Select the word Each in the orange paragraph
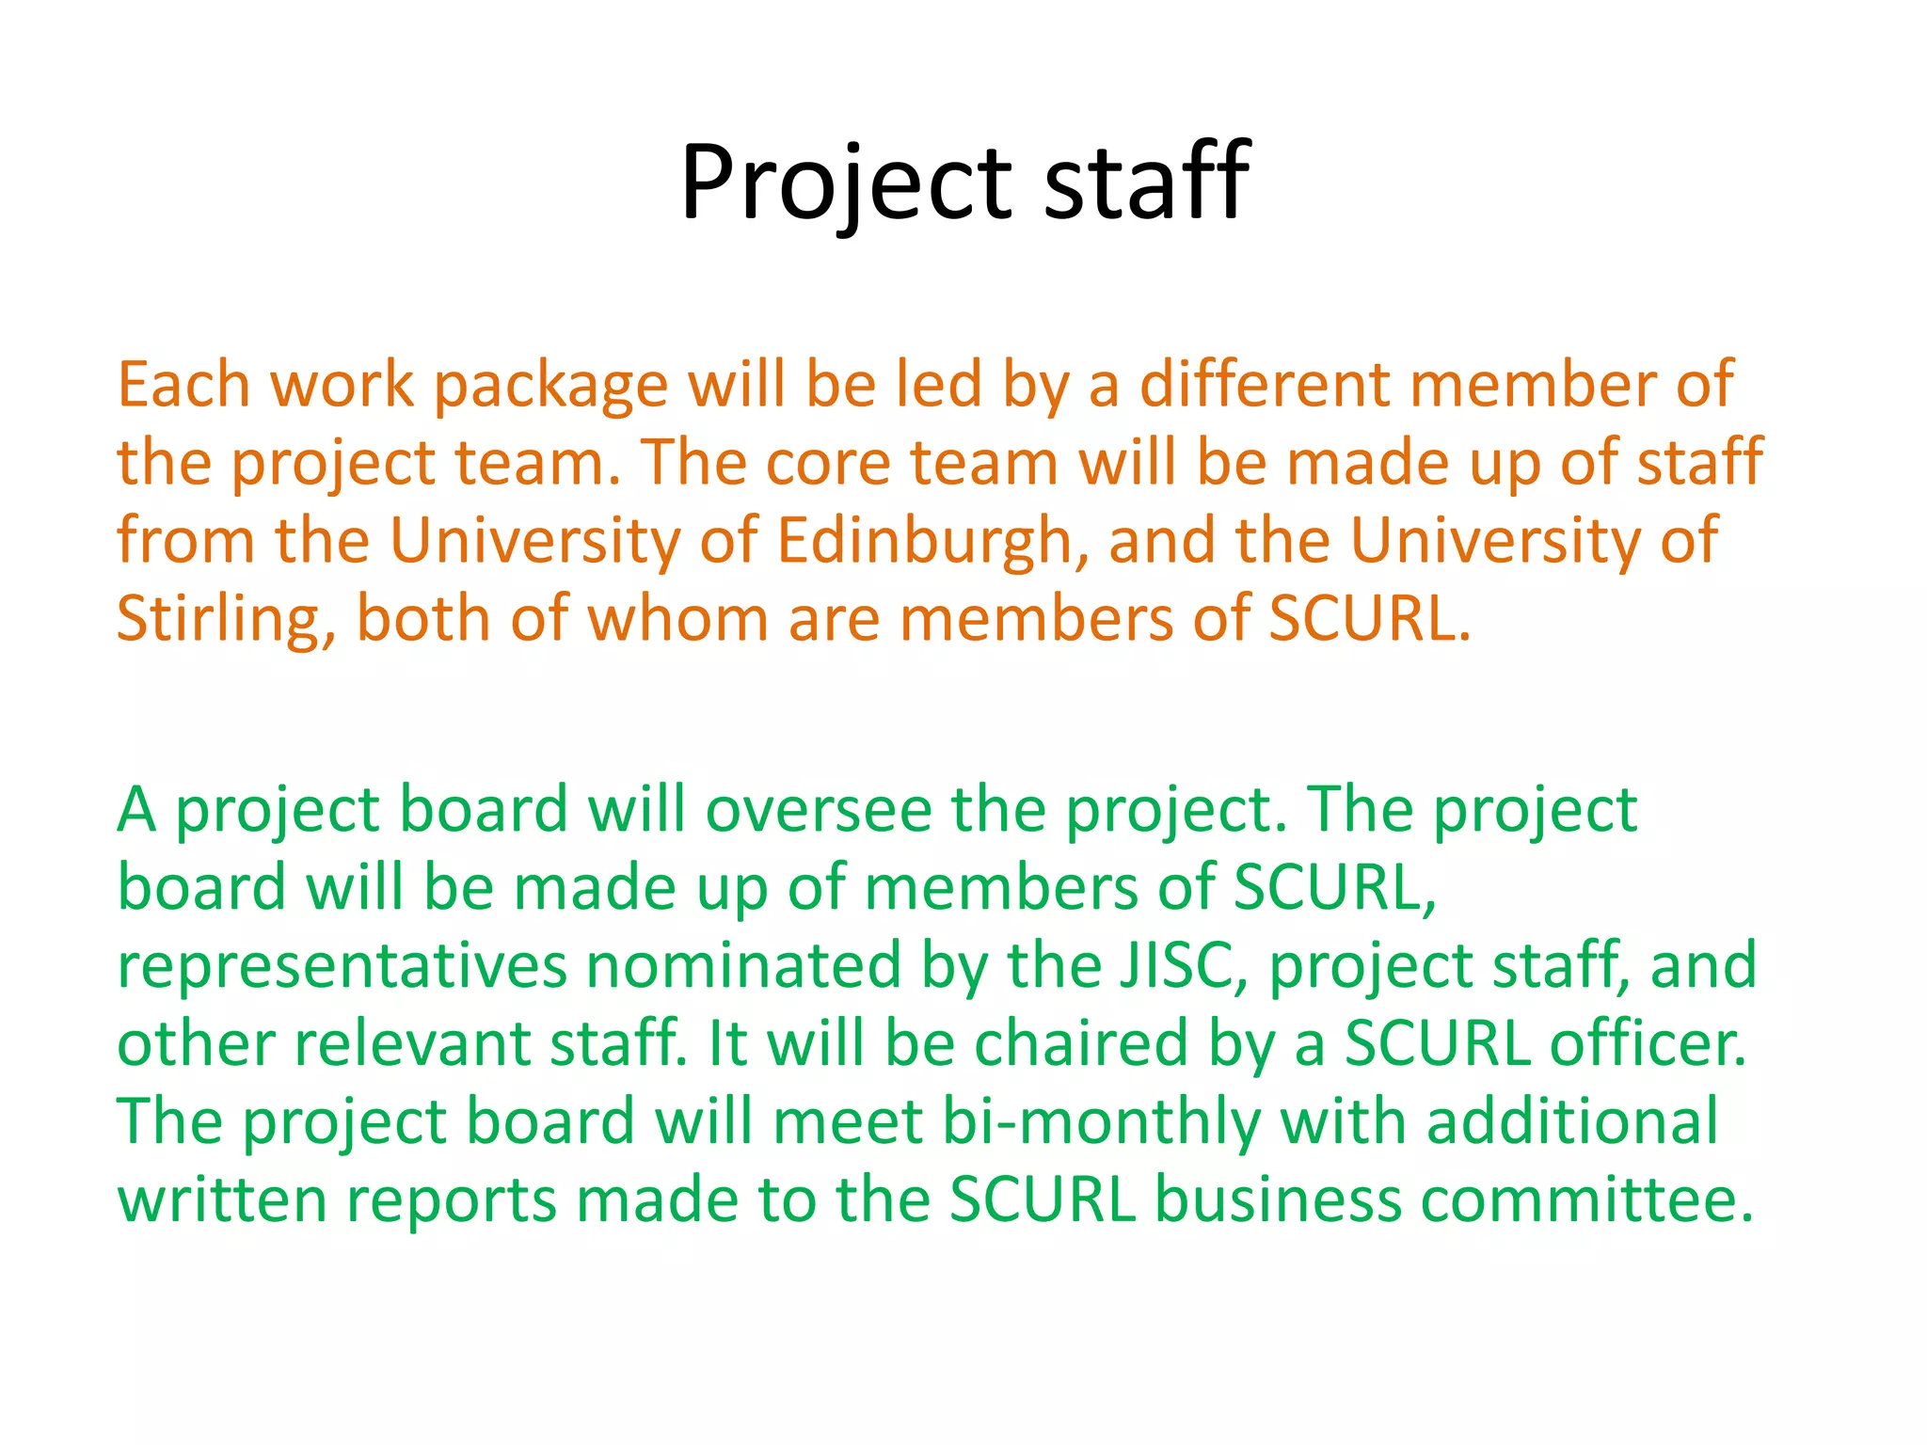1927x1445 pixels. (183, 385)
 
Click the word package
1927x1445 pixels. (550, 387)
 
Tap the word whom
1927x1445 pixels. (677, 619)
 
